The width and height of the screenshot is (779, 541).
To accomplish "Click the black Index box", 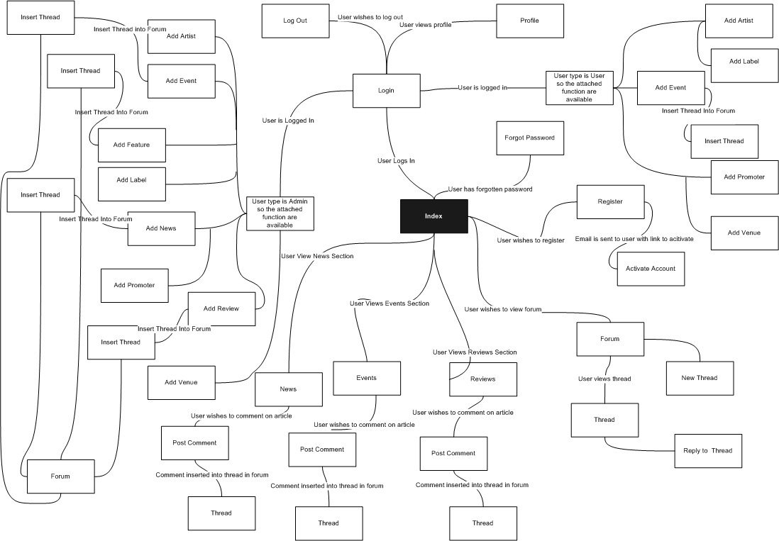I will click(433, 216).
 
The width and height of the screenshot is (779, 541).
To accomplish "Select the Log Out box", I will click(295, 21).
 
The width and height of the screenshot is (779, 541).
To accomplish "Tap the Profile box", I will click(529, 21).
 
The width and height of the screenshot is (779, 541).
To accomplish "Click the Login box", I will click(386, 91).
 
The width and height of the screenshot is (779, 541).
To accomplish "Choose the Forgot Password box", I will click(529, 138).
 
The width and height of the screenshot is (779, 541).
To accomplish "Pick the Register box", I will click(610, 202).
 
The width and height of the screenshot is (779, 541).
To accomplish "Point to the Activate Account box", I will click(651, 269).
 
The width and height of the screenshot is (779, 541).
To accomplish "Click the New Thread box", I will click(699, 378).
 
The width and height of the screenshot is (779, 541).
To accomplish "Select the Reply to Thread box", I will click(707, 451).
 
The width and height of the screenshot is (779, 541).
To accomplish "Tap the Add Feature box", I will click(131, 145).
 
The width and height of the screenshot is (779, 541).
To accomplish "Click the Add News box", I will click(161, 228).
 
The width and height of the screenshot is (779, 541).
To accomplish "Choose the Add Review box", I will click(221, 308).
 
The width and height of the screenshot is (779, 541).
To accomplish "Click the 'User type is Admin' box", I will click(280, 213).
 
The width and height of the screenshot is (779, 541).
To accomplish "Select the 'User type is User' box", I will click(579, 88).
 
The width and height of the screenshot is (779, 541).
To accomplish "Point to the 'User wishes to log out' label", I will click(370, 16).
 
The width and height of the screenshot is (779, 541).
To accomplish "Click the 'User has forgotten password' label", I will click(490, 189).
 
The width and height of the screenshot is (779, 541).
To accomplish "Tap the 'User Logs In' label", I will click(396, 161).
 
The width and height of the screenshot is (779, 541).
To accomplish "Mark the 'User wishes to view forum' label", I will click(503, 309).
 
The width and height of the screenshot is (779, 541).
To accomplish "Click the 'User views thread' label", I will click(604, 379).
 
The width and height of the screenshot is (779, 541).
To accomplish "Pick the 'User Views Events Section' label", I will click(389, 303).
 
